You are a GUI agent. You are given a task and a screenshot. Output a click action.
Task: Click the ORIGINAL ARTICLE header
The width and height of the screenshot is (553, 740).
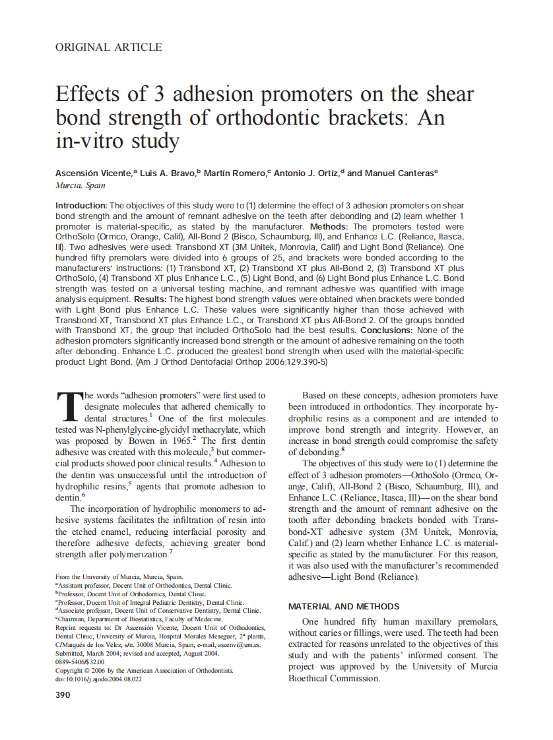(x=109, y=47)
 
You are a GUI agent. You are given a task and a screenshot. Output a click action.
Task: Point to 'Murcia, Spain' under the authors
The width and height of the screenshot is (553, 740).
(x=80, y=186)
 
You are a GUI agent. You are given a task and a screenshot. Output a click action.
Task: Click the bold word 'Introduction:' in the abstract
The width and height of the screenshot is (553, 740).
(x=81, y=206)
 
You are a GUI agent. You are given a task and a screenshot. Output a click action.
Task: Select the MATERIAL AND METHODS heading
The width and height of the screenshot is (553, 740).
(x=344, y=606)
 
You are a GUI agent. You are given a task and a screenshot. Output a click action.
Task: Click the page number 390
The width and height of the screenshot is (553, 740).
(x=64, y=694)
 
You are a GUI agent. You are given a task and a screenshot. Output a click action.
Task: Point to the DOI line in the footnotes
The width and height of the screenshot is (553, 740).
(x=98, y=679)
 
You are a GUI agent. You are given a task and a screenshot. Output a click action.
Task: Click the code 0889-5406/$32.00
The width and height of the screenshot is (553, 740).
(x=80, y=662)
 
